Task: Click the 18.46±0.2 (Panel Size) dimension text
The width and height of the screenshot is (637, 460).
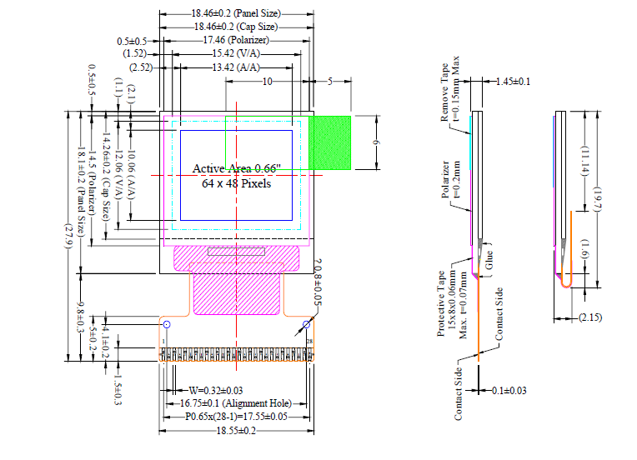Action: tap(235, 14)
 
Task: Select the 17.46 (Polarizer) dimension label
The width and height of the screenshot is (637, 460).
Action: tap(236, 40)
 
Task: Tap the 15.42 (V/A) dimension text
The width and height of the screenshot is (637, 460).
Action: tap(236, 53)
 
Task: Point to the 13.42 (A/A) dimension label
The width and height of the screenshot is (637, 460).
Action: tap(236, 67)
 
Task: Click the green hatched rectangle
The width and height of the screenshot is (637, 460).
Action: tap(330, 142)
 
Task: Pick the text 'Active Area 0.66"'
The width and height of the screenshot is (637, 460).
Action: tap(237, 169)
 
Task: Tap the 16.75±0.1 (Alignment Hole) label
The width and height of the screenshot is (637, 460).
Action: tap(227, 403)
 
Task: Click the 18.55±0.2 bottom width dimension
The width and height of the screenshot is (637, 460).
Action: tap(236, 430)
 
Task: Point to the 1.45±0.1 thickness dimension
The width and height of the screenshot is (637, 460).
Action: tap(513, 82)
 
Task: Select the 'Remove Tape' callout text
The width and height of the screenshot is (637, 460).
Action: tap(445, 92)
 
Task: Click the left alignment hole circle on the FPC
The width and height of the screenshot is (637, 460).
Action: tap(166, 324)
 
